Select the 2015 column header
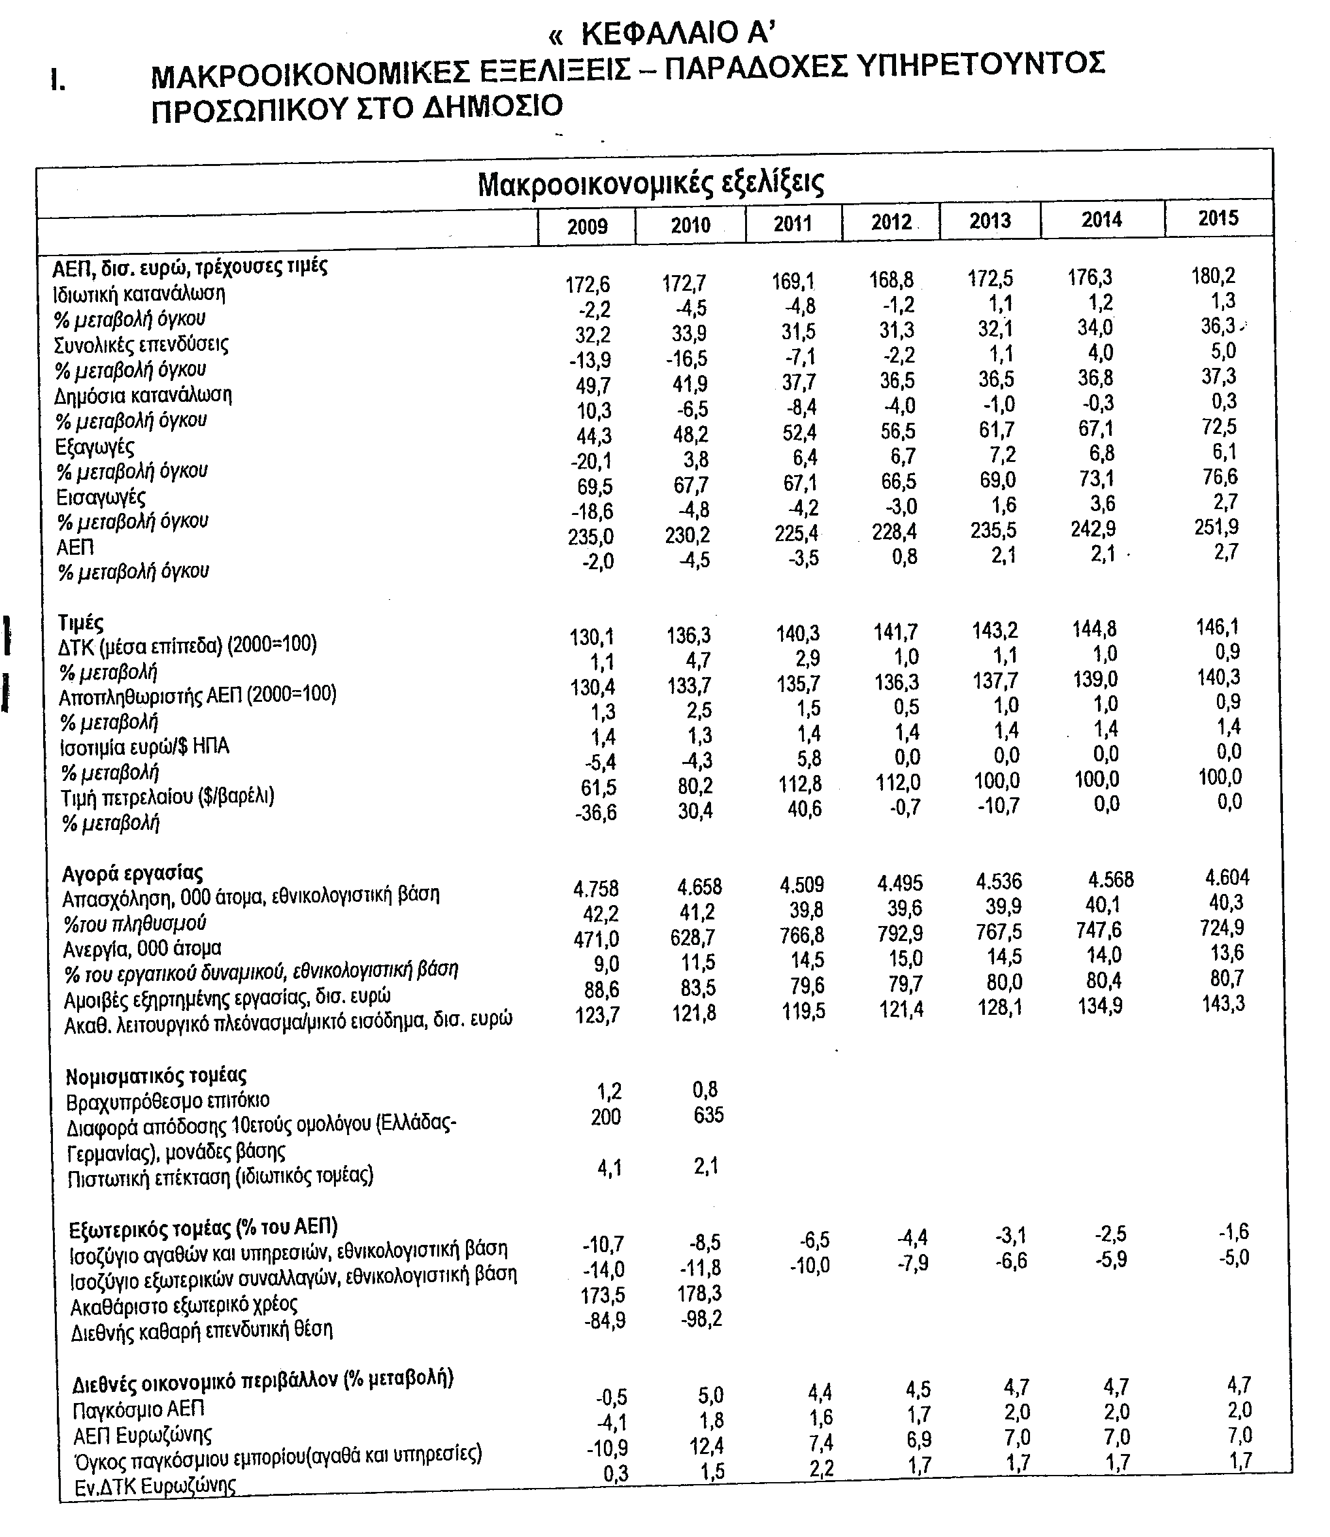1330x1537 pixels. (x=1218, y=218)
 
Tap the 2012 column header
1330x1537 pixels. (x=891, y=222)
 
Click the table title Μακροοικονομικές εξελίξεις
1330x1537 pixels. (x=651, y=184)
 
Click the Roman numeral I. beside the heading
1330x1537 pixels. (x=58, y=80)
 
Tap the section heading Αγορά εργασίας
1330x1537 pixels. (x=132, y=872)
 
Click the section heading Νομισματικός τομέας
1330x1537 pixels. (x=156, y=1076)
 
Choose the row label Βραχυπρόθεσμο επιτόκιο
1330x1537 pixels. (x=168, y=1100)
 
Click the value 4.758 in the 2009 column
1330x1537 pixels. (x=596, y=888)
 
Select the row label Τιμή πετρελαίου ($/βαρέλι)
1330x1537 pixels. (x=168, y=797)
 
